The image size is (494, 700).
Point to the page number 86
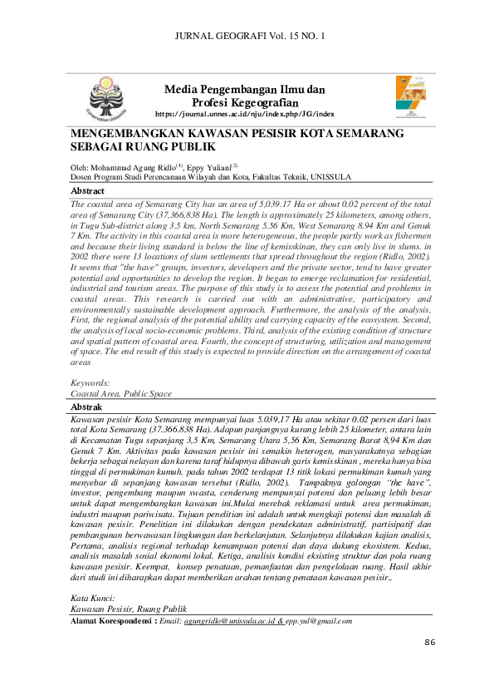[430, 643]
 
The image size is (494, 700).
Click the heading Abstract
[87, 191]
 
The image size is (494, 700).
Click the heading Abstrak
[86, 407]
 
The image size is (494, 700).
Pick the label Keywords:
[92, 382]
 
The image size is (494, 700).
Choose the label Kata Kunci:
[92, 598]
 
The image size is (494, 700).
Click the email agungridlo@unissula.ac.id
[229, 620]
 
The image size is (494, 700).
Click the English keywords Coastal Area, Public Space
[121, 393]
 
